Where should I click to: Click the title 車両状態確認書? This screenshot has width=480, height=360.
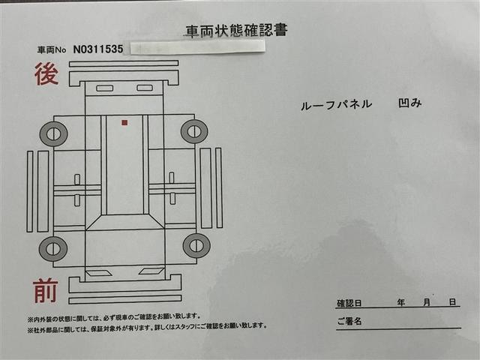click(237, 31)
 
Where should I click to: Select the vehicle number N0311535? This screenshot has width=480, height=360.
click(98, 49)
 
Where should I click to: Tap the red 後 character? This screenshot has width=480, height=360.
click(46, 74)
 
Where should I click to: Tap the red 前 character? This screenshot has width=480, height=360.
click(45, 290)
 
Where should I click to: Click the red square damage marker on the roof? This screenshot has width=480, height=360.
click(124, 123)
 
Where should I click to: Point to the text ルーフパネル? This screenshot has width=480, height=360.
click(336, 105)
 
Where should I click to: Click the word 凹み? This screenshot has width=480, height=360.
click(410, 103)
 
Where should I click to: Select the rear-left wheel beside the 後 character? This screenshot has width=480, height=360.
click(53, 133)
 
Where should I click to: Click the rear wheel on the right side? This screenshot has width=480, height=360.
click(194, 132)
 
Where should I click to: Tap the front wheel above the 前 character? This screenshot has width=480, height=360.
click(53, 248)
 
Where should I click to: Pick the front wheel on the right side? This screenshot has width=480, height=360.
click(196, 245)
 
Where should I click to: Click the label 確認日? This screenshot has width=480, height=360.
click(349, 303)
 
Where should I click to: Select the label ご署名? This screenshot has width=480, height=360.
click(349, 321)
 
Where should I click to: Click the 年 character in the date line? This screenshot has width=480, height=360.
click(401, 303)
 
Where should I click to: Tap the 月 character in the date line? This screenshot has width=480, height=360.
click(427, 303)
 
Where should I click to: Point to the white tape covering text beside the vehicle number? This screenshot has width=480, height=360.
click(197, 47)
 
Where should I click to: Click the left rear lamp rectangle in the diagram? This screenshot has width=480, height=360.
click(105, 88)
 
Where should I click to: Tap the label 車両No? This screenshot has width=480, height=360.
click(52, 50)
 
